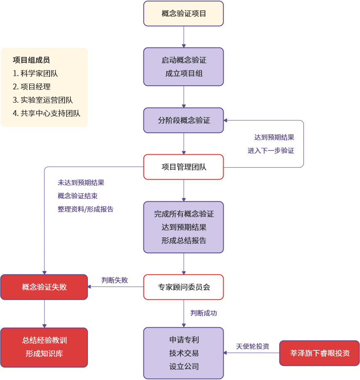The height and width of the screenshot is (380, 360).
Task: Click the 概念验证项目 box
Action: (184, 14)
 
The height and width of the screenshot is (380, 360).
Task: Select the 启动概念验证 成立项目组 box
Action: (184, 67)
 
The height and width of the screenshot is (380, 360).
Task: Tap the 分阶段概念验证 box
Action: (184, 121)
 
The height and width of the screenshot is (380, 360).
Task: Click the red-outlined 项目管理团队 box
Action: (184, 167)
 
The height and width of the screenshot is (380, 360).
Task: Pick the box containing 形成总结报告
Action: (184, 227)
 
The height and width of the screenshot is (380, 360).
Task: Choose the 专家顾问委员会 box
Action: (184, 287)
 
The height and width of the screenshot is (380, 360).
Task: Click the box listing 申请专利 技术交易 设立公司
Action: (184, 353)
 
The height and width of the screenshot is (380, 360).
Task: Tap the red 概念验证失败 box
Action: (44, 287)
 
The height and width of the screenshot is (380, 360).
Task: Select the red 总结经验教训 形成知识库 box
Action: (44, 347)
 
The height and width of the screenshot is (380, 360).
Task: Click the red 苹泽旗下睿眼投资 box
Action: (319, 353)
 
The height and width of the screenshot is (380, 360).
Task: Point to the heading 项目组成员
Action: (32, 60)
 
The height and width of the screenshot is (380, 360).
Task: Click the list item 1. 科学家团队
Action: (35, 74)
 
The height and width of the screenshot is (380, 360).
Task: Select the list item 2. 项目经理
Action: (32, 87)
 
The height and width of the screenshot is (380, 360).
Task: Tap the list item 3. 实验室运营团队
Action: (43, 100)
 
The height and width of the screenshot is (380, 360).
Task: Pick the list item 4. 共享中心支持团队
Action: (47, 114)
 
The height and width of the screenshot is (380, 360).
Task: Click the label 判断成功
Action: (203, 313)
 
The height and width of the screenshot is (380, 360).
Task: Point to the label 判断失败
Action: (115, 280)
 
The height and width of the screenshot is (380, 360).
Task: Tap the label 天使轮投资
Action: (252, 346)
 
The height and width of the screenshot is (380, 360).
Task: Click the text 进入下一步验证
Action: (271, 151)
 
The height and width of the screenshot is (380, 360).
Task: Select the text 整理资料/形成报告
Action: (86, 210)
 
